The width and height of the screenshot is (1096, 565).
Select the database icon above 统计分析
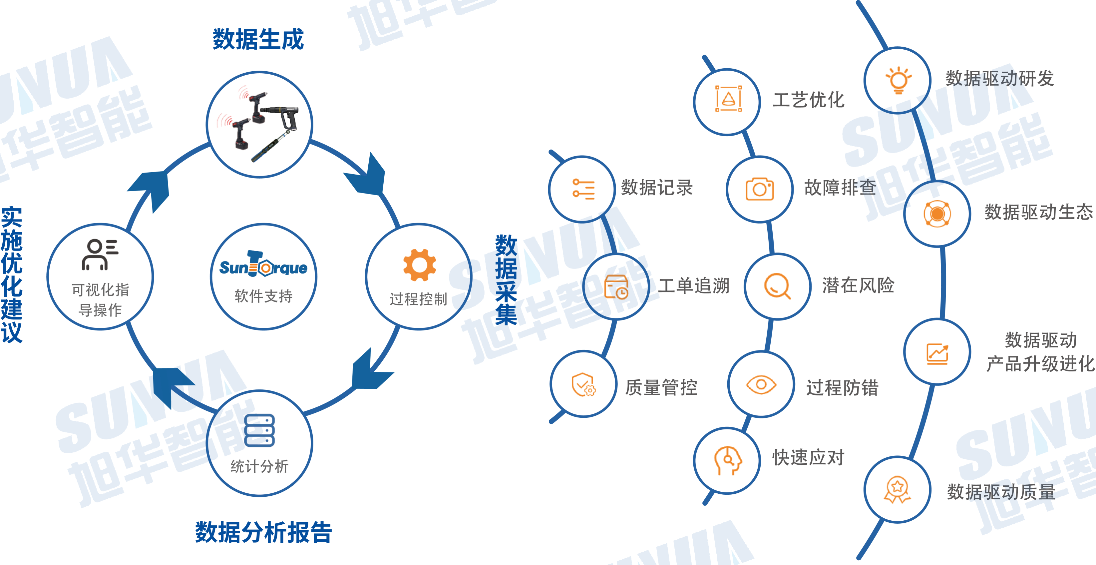click(x=259, y=430)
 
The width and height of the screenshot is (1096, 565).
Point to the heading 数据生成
click(x=258, y=39)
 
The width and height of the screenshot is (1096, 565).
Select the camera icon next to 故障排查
click(x=759, y=189)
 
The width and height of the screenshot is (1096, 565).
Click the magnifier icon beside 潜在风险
click(x=777, y=286)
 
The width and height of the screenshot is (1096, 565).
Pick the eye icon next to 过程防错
click(x=761, y=385)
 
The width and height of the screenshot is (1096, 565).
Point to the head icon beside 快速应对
click(x=728, y=460)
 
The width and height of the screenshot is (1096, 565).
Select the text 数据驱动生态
click(x=1038, y=212)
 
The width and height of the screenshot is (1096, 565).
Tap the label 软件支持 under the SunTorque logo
click(x=263, y=296)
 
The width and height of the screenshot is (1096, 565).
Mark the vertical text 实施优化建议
click(x=12, y=275)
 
